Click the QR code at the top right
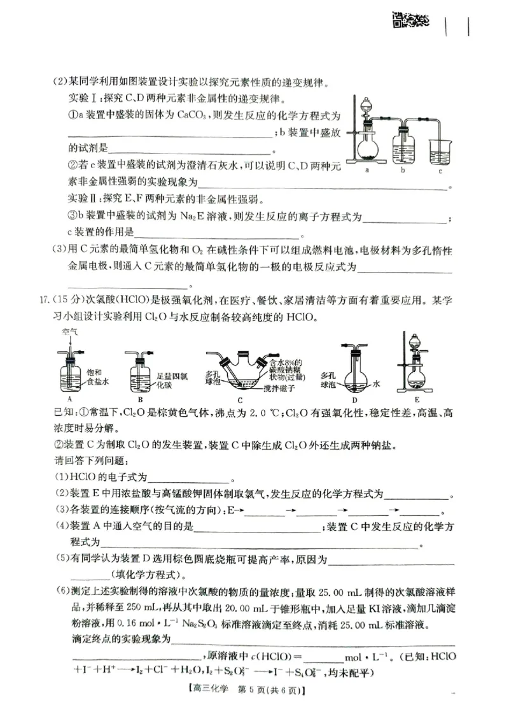pos(409,20)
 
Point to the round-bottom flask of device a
pos(368,148)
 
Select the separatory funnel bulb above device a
pos(367,107)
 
